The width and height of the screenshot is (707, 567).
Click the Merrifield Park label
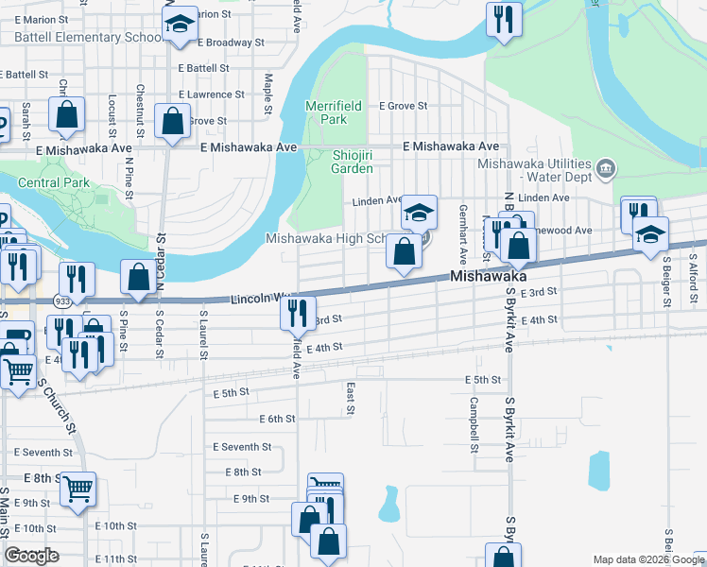(x=327, y=113)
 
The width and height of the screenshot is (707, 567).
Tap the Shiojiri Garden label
(x=352, y=162)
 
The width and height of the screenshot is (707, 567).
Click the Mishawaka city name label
(x=488, y=277)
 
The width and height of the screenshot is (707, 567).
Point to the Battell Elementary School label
(x=89, y=38)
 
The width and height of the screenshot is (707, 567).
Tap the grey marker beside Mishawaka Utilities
(x=607, y=170)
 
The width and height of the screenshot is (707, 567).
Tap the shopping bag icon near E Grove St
(x=172, y=122)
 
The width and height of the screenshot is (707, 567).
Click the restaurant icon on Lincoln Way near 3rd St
(x=297, y=311)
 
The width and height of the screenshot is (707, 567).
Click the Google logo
(x=31, y=556)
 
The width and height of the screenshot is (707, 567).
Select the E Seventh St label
(x=242, y=447)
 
